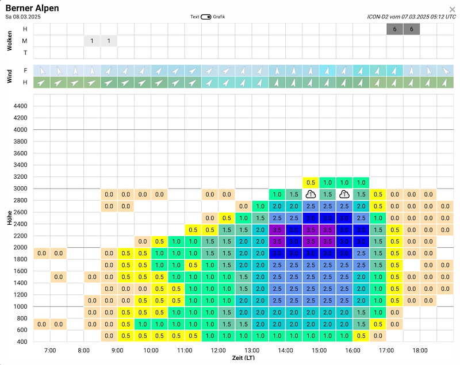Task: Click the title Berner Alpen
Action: (x=32, y=8)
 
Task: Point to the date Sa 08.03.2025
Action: (x=23, y=17)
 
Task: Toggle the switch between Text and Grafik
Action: (x=206, y=17)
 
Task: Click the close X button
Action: (x=452, y=10)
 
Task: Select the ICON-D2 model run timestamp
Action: (x=411, y=17)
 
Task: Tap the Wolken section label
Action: (x=9, y=41)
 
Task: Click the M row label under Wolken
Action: (x=25, y=41)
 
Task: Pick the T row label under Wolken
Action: (x=25, y=53)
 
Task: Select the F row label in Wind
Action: (x=25, y=70)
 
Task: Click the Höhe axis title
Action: (x=9, y=218)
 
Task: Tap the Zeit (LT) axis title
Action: (x=243, y=358)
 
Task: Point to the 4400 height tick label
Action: (x=20, y=106)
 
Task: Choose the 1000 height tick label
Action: (x=20, y=306)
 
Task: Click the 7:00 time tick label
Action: (x=50, y=350)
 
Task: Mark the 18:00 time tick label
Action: (x=420, y=350)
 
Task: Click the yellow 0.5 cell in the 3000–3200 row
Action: (x=310, y=183)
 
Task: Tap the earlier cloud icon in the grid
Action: (x=310, y=194)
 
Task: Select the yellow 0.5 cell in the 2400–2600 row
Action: (x=227, y=218)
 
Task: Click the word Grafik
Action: (x=219, y=17)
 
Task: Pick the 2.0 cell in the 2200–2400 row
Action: (x=260, y=230)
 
